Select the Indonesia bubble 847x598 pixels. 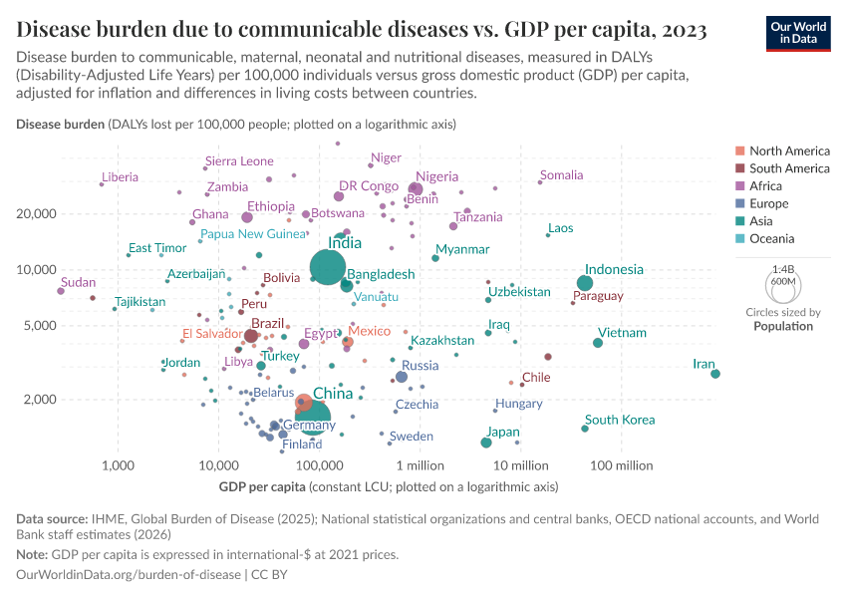click(585, 283)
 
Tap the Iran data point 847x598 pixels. click(715, 374)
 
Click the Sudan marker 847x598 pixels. click(61, 291)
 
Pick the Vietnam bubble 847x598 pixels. click(598, 343)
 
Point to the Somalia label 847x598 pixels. click(561, 175)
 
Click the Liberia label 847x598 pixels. click(120, 177)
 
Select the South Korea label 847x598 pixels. click(620, 420)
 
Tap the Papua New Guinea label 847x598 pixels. click(253, 234)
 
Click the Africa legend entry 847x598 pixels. click(767, 186)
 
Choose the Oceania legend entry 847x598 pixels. click(771, 239)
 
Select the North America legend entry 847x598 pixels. click(789, 151)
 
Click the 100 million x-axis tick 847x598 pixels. click(622, 466)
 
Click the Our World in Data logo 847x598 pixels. click(800, 32)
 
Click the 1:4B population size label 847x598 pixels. click(782, 269)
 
